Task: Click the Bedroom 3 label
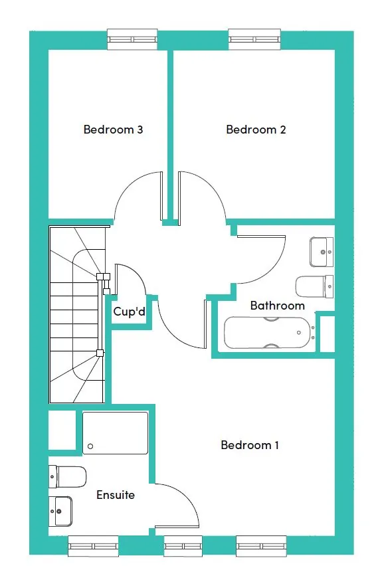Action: pos(113,130)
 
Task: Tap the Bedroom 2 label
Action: pos(256,130)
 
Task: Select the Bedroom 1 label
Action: pos(250,445)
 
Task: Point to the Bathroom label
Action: pos(277,306)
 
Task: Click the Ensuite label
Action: pos(116,495)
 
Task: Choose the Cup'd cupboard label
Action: pos(130,311)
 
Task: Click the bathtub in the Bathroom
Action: pos(268,333)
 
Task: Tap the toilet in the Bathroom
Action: pos(315,286)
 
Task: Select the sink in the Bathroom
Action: pos(322,252)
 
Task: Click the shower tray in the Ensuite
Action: pos(115,433)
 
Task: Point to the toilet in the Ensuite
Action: pos(67,477)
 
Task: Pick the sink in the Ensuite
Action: pos(60,511)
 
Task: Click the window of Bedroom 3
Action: pos(132,39)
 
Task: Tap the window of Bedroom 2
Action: pos(254,39)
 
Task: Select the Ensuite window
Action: pos(94,546)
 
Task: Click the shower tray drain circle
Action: pos(90,446)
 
